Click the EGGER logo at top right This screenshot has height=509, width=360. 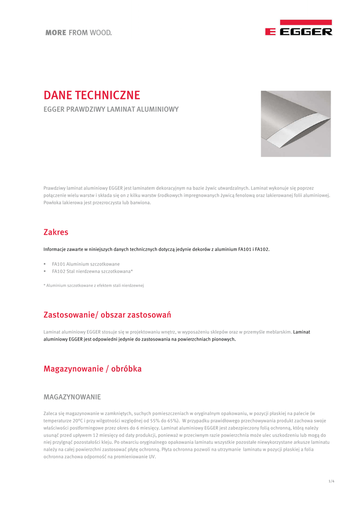pos(298,28)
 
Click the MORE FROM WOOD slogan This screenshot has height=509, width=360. pos(79,33)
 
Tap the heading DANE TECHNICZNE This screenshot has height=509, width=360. pos(92,95)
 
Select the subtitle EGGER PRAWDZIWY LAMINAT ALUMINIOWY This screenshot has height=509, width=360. pos(111,109)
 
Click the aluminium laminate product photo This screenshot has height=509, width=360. pos(296,123)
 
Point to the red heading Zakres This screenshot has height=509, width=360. pos(56,232)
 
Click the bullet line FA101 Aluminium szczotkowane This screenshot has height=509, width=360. pos(86,264)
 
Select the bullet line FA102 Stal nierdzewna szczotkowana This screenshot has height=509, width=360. pos(92,271)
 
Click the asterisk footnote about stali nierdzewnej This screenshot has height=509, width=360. pos(93,285)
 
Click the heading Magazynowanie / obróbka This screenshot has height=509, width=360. pos(92,369)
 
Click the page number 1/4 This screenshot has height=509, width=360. pos(331,481)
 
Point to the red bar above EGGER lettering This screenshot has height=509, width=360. pos(306,22)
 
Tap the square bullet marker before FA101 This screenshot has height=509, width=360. pos(45,264)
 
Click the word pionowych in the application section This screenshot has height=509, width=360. pos(224,339)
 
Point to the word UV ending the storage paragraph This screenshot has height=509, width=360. pos(152,456)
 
